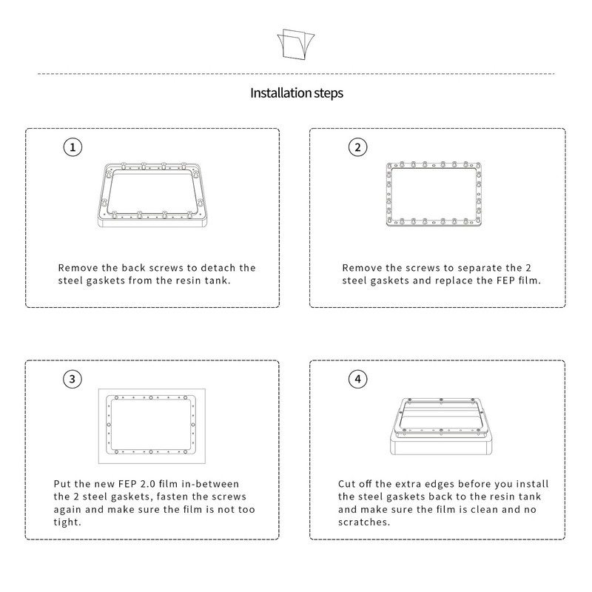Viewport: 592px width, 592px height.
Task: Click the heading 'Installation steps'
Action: [x=296, y=94]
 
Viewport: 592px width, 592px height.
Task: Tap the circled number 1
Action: [x=72, y=147]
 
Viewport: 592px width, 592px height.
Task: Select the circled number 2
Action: [x=357, y=147]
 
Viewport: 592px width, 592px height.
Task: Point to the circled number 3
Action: [x=72, y=380]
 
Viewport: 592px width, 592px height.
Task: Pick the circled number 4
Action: [x=357, y=380]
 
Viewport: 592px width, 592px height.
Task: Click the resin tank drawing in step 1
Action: [x=152, y=195]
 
